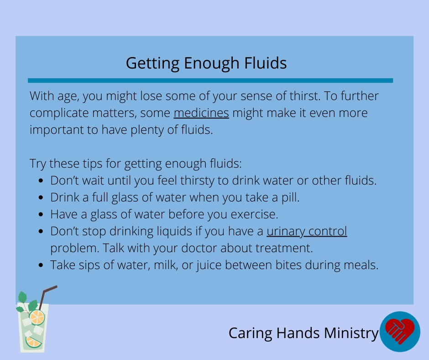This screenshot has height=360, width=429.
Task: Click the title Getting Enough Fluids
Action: click(206, 64)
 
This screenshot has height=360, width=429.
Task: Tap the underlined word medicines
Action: click(201, 113)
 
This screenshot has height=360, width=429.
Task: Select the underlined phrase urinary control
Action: click(307, 232)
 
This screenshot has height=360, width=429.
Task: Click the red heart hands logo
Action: click(400, 331)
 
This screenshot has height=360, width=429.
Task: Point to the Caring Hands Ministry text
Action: click(303, 334)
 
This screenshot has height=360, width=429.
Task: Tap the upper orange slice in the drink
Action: click(37, 317)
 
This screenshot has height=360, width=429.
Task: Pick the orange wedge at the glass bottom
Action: click(33, 342)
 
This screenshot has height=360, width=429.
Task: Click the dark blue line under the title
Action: click(210, 80)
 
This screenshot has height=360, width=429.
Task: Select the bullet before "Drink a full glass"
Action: click(41, 197)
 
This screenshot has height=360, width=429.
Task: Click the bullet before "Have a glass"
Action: click(41, 215)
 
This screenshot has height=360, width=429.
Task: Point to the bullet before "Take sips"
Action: click(41, 265)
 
